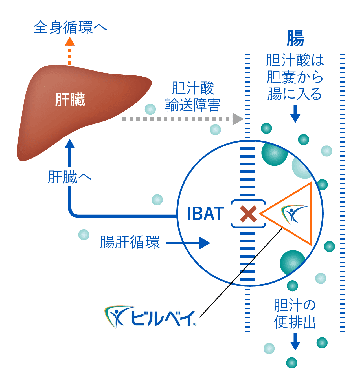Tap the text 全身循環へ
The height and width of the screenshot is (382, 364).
pos(70,28)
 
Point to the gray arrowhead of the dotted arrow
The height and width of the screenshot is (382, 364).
pos(237,119)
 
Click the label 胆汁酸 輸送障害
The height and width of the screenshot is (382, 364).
pos(193,97)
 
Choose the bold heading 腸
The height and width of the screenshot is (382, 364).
pos(295,39)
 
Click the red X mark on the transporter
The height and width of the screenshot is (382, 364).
pos(248,214)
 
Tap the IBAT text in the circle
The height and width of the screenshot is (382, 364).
pos(205,214)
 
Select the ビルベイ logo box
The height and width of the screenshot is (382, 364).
pos(150,317)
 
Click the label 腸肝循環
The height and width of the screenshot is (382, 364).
pos(130,242)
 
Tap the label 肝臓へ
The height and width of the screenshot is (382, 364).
pos(70,177)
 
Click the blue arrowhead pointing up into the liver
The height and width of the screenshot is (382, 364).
pos(70,144)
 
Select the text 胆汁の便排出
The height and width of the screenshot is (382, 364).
pos(295,314)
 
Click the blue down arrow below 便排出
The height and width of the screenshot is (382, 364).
pos(295,341)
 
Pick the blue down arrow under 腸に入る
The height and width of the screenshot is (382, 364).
pos(295,114)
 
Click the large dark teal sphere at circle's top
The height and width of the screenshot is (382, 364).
pos(274,153)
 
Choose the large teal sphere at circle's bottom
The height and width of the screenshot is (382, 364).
pos(292,263)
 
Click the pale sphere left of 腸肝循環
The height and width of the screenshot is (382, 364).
pos(84,235)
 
